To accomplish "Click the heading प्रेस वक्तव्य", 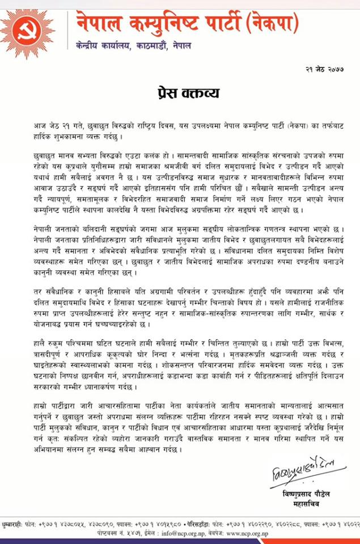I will pyautogui.click(x=180, y=92).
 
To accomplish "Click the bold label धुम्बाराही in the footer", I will pyautogui.click(x=12, y=526).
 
